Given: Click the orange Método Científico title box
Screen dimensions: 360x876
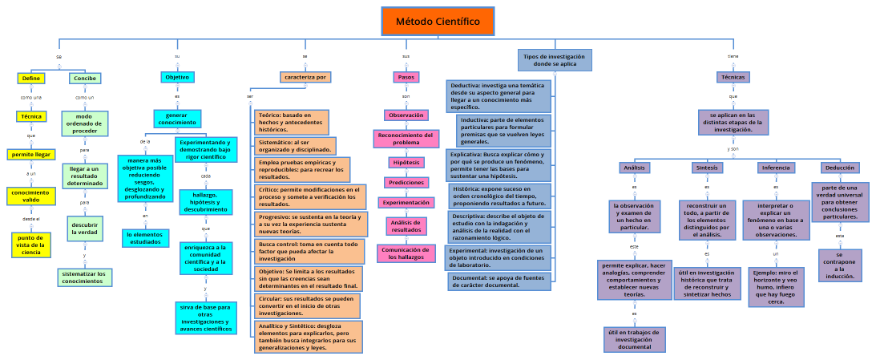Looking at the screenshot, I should (438, 22).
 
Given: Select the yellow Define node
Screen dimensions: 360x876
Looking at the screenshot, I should (31, 79).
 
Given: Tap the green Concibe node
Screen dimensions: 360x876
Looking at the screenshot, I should (84, 79).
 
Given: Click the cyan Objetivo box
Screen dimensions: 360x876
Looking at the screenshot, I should (177, 77).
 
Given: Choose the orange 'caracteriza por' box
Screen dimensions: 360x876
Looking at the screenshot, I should (305, 77).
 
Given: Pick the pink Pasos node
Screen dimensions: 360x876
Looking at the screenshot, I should (406, 77).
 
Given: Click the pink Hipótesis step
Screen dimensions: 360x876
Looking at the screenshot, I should (406, 163).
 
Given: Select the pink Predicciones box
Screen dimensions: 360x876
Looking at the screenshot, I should (406, 183).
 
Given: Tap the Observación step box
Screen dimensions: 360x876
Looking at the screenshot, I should (406, 115).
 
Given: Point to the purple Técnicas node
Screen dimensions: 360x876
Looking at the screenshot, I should (733, 77).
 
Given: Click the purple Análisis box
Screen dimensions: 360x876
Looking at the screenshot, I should (634, 168).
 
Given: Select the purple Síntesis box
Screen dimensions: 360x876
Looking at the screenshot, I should (707, 168).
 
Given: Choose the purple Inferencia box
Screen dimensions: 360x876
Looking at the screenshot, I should (776, 168).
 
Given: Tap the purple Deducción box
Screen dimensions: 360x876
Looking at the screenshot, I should (839, 168).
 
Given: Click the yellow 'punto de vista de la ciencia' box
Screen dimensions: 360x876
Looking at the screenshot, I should (31, 244).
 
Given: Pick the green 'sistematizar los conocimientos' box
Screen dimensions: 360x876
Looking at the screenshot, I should (84, 277).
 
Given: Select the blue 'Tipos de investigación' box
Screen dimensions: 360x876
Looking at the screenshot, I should (554, 61).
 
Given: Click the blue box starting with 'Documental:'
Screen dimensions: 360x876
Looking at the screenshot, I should (498, 281).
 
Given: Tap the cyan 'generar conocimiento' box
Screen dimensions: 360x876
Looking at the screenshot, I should (177, 119).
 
